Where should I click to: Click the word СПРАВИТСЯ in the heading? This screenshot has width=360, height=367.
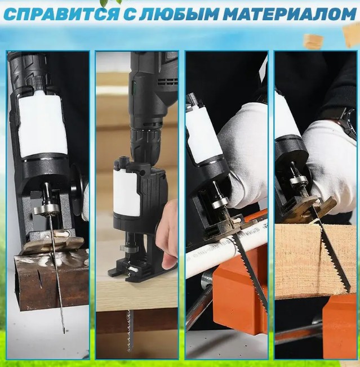pos(61,14)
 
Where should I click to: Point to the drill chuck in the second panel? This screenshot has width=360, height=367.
pos(146,143)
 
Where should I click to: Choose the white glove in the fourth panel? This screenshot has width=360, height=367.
pos(330,166)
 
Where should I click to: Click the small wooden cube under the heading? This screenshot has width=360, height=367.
pos(313,41)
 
